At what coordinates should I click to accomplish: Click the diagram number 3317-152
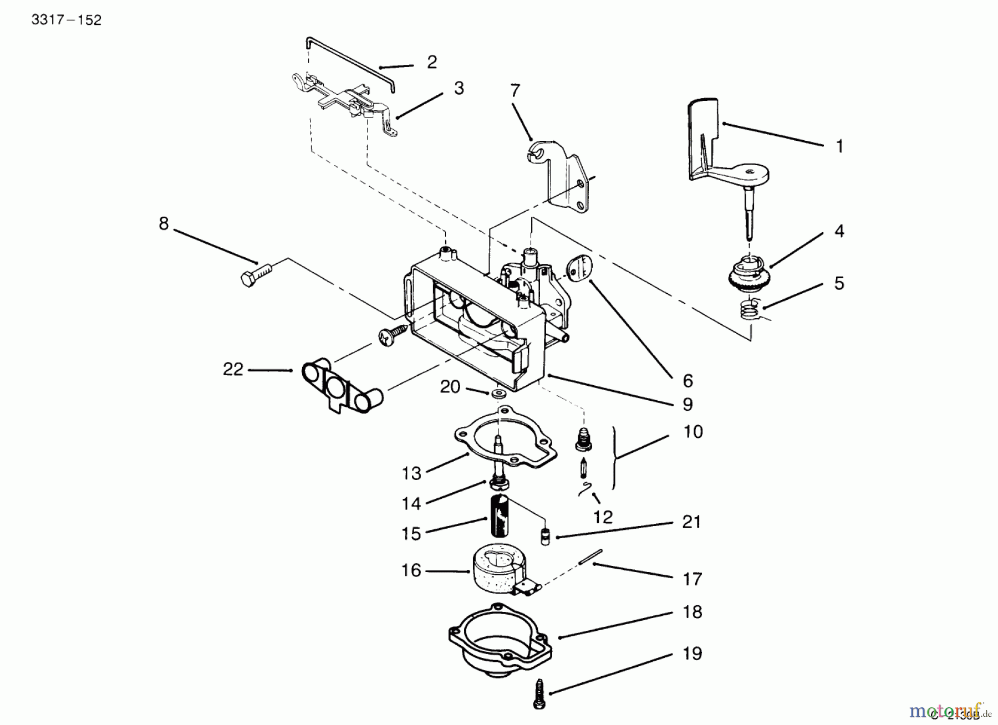point(67,21)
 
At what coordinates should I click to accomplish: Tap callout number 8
point(164,224)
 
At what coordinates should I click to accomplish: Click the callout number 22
point(233,369)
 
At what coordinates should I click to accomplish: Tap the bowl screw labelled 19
point(539,693)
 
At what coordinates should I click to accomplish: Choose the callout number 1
point(839,147)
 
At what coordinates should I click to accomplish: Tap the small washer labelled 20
point(497,394)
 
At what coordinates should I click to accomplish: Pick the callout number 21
point(691,522)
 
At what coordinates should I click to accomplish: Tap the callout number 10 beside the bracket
point(693,432)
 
